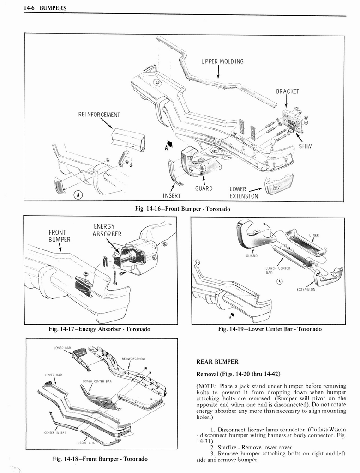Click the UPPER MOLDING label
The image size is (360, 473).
pos(222,61)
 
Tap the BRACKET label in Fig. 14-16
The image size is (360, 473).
pos(288,91)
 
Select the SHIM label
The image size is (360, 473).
pos(306,146)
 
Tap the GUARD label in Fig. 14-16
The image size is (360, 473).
pos(204,188)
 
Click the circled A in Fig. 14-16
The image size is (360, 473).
pos(79,194)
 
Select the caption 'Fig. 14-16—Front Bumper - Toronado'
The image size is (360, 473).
pos(182,209)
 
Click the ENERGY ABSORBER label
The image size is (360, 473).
pos(104,230)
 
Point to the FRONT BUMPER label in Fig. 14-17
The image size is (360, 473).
pos(60,236)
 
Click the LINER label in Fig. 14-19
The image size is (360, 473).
pos(313,235)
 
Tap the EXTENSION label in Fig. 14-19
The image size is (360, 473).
pos(306,290)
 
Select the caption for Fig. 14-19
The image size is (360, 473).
pos(270,329)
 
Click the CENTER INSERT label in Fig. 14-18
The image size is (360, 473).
pos(54,432)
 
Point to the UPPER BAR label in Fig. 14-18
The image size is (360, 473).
pos(50,374)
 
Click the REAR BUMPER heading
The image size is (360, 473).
pos(217,362)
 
